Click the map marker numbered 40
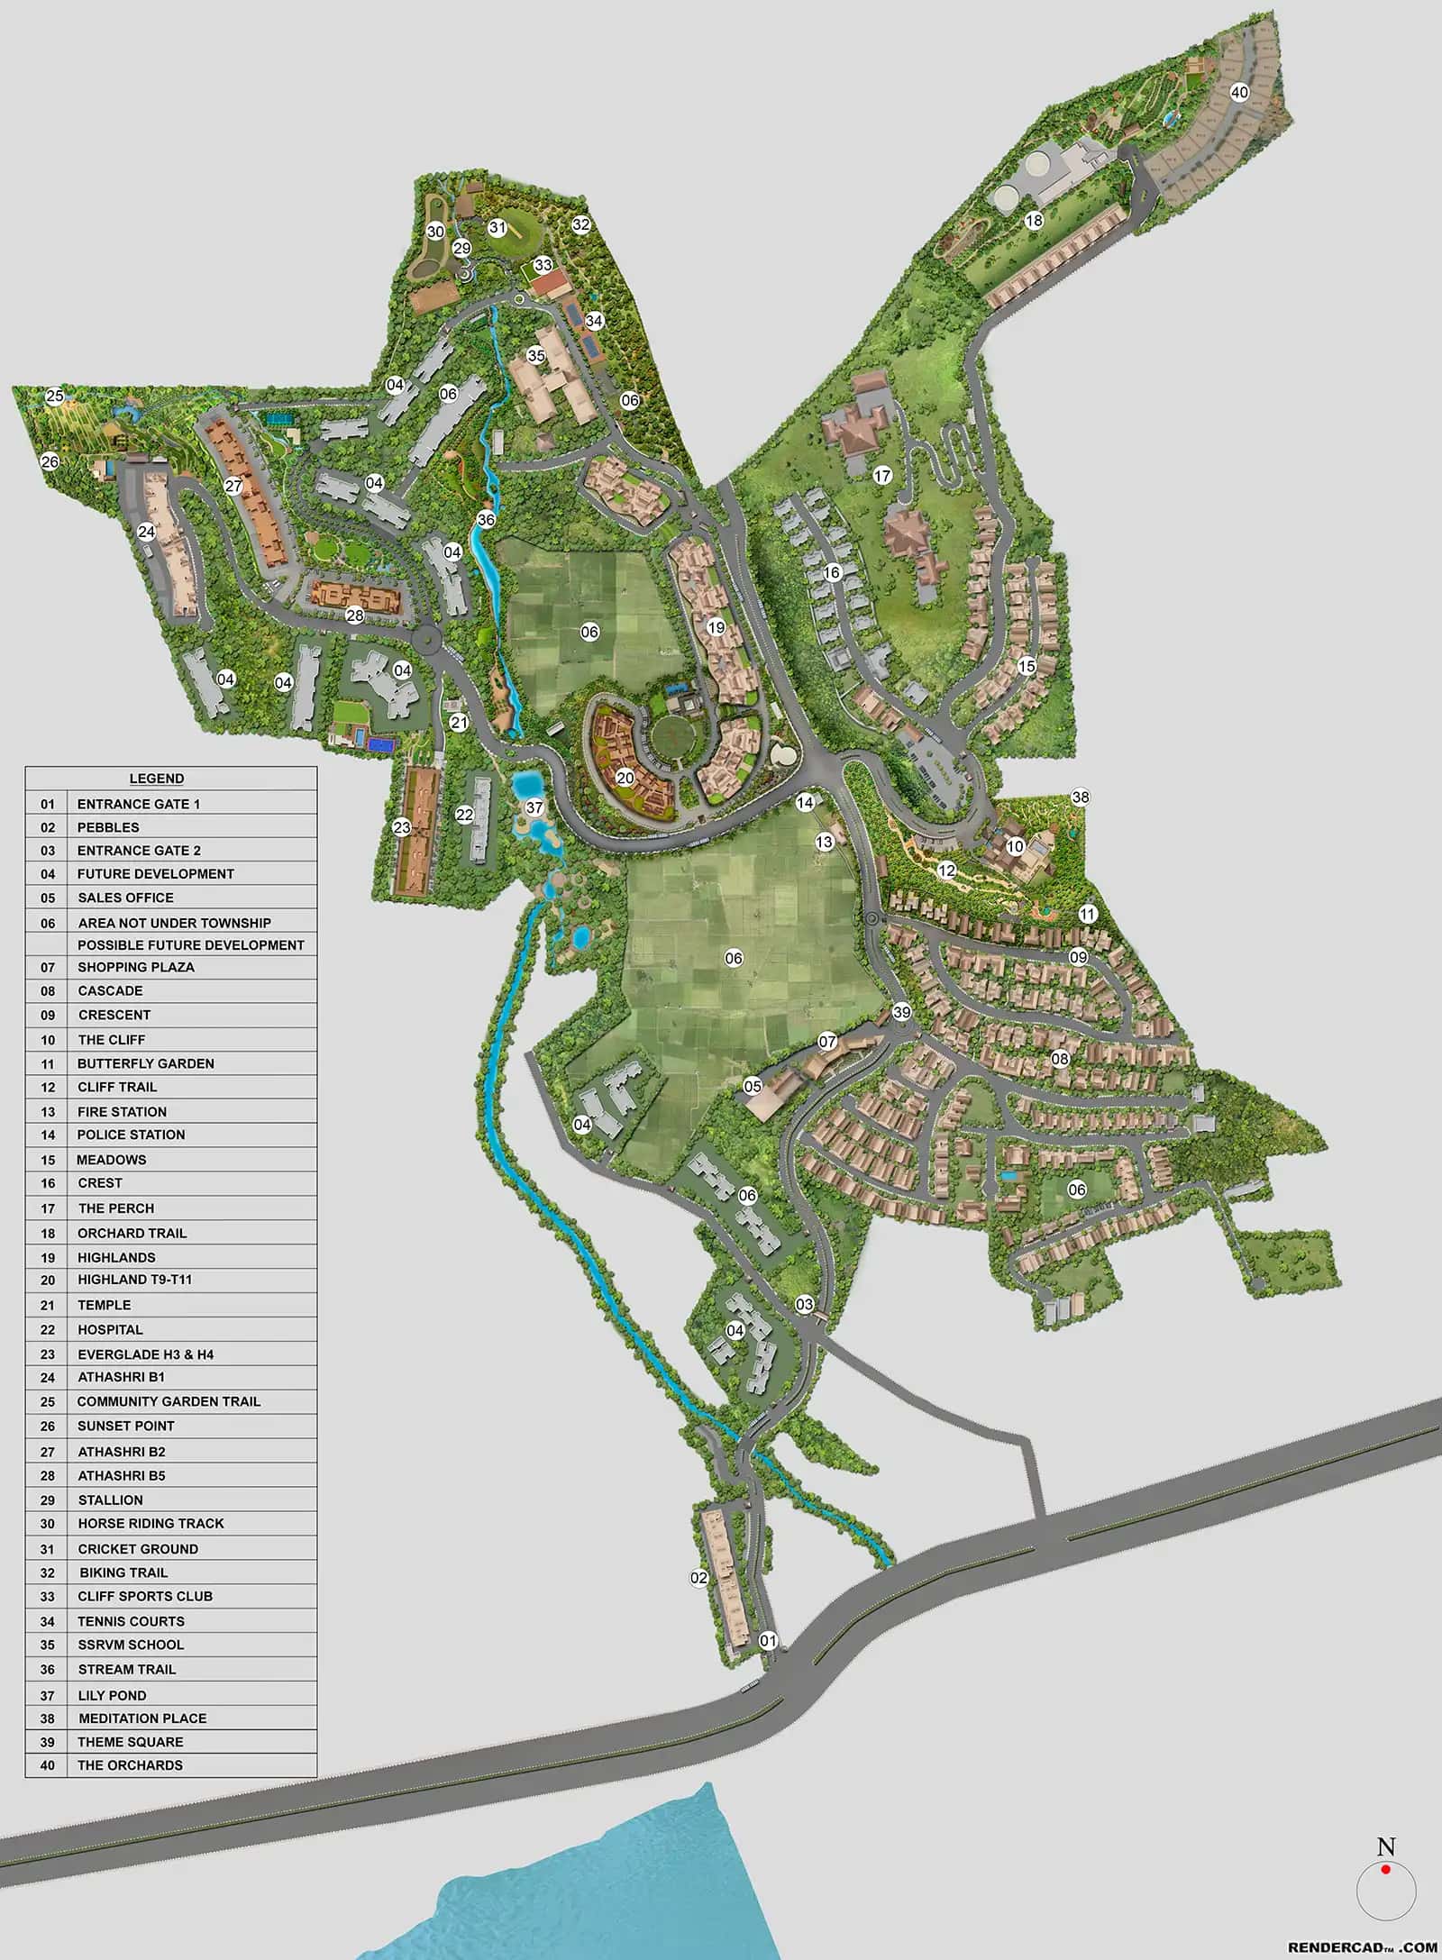(1239, 92)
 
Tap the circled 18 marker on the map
(1034, 220)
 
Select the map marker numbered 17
(882, 475)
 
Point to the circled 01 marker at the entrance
(768, 1641)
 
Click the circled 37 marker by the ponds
(534, 807)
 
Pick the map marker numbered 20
(625, 778)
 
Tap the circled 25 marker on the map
(55, 396)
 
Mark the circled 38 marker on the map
(1080, 797)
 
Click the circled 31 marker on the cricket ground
(497, 227)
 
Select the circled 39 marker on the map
(902, 1012)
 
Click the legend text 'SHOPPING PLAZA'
(135, 967)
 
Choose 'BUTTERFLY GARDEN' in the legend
(145, 1063)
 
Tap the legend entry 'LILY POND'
(112, 1695)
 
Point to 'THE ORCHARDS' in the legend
(130, 1765)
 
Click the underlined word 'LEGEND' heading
(157, 779)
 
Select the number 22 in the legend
(48, 1329)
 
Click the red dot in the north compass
(1386, 1869)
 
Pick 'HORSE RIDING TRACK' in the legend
(151, 1523)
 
